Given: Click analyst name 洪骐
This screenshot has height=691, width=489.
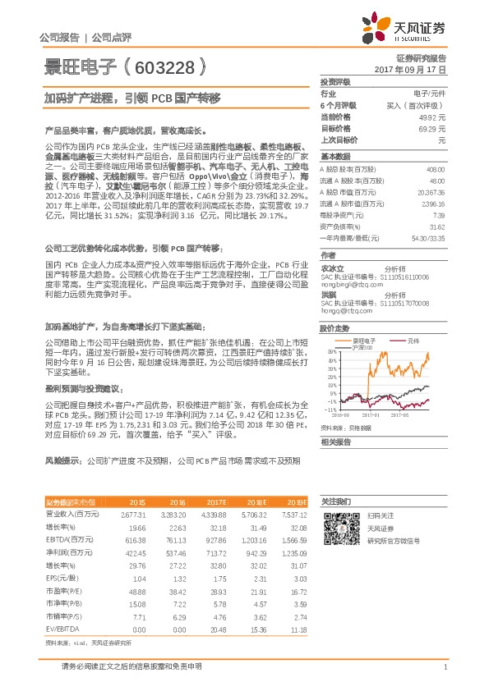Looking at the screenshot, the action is (x=328, y=293).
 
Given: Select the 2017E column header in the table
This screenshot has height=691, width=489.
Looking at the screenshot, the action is (x=216, y=501).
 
